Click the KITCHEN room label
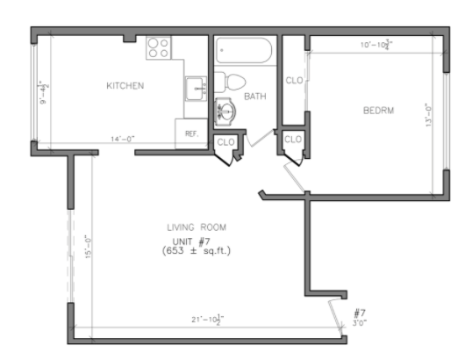pyautogui.click(x=125, y=86)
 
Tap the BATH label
pyautogui.click(x=255, y=96)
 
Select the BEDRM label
pyautogui.click(x=378, y=111)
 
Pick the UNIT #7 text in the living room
pyautogui.click(x=191, y=240)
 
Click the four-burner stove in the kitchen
pyautogui.click(x=159, y=47)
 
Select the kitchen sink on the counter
pyautogui.click(x=195, y=88)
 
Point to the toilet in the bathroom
pyautogui.click(x=232, y=82)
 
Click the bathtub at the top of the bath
pyautogui.click(x=246, y=50)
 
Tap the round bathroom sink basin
pyautogui.click(x=225, y=112)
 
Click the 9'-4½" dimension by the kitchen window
pyautogui.click(x=41, y=91)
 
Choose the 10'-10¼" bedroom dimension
pyautogui.click(x=375, y=44)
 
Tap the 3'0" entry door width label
pyautogui.click(x=359, y=323)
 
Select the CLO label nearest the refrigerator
pyautogui.click(x=225, y=141)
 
